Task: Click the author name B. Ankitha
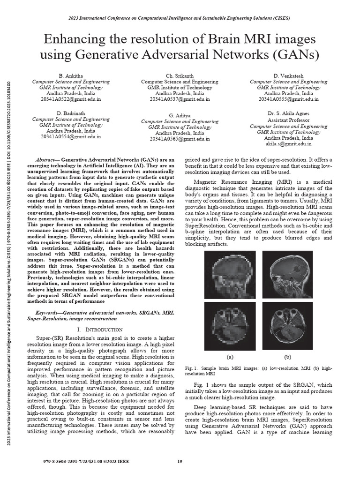click(71, 75)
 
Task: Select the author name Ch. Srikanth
click(180, 75)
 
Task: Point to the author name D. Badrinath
click(71, 113)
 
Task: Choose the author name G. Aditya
click(180, 115)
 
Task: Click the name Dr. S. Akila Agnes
click(288, 113)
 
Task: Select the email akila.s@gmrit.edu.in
click(288, 144)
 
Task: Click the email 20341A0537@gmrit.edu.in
click(180, 99)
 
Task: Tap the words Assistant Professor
click(288, 120)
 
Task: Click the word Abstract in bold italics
click(47, 160)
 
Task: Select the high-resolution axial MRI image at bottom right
click(287, 324)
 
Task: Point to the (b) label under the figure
click(287, 357)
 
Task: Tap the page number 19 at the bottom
click(180, 462)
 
